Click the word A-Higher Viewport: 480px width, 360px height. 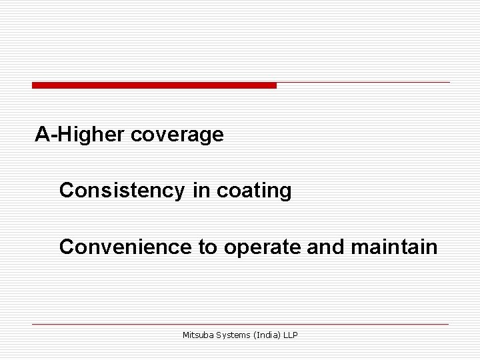[81, 135]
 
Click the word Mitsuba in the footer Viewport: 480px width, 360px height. [197, 335]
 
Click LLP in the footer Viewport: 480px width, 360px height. [290, 335]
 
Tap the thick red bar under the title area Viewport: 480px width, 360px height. [154, 85]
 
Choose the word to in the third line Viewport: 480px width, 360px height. [207, 247]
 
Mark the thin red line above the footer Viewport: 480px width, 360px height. [240, 324]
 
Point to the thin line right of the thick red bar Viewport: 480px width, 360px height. [363, 83]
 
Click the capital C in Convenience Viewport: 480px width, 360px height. [67, 247]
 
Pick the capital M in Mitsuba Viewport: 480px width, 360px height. [186, 335]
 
